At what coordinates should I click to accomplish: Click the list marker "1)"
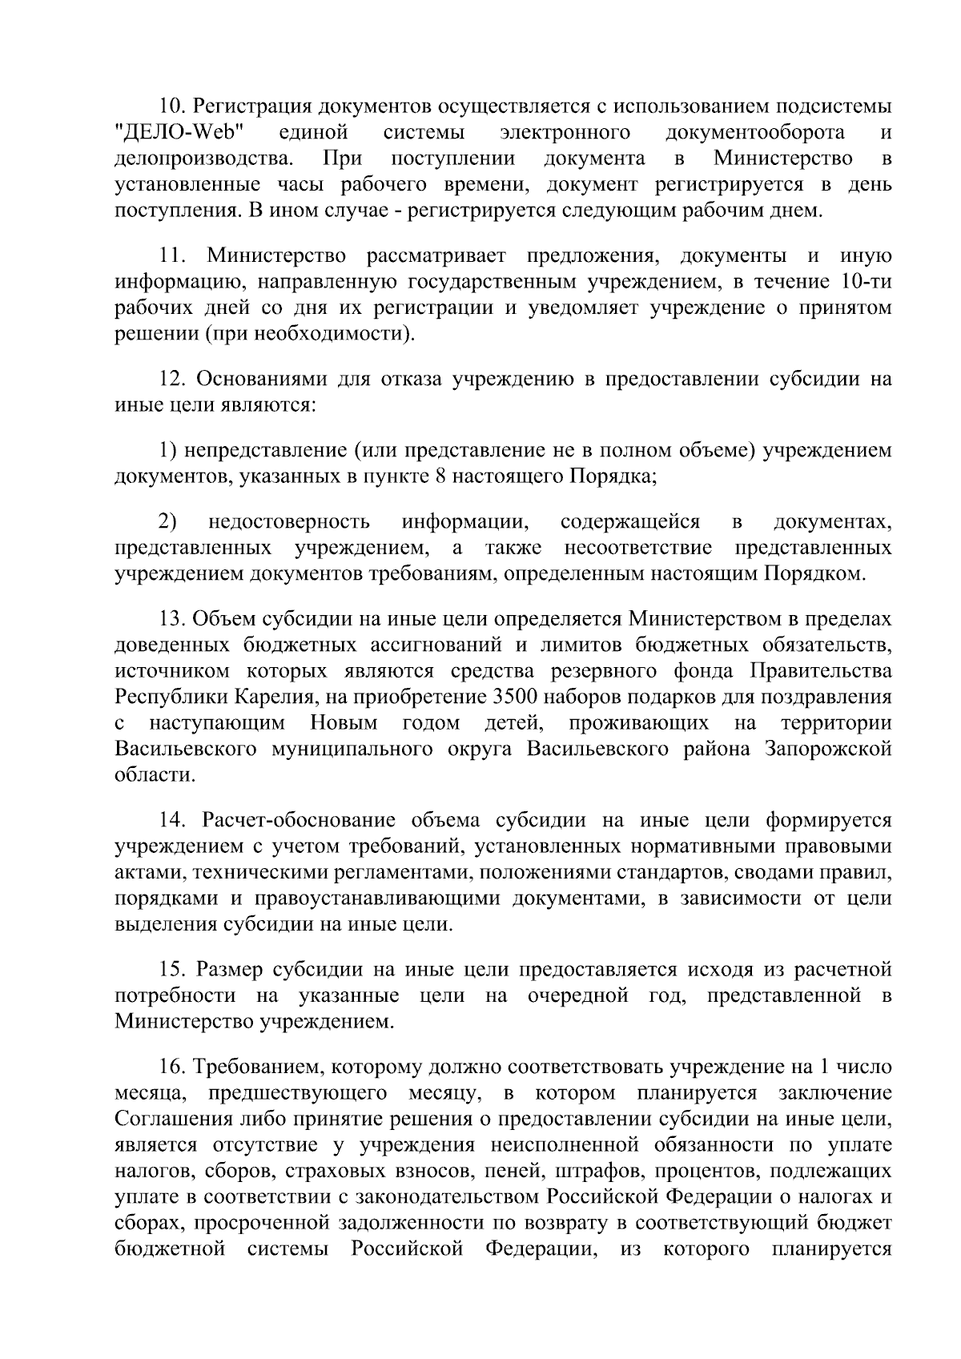coord(166,450)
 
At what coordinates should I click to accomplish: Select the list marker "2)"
coord(167,522)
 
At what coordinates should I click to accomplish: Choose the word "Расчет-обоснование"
coord(299,821)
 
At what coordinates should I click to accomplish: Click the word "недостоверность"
coord(289,523)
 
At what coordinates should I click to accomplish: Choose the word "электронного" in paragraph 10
coord(563,132)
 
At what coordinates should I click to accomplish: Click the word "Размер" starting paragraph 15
coord(230,970)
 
